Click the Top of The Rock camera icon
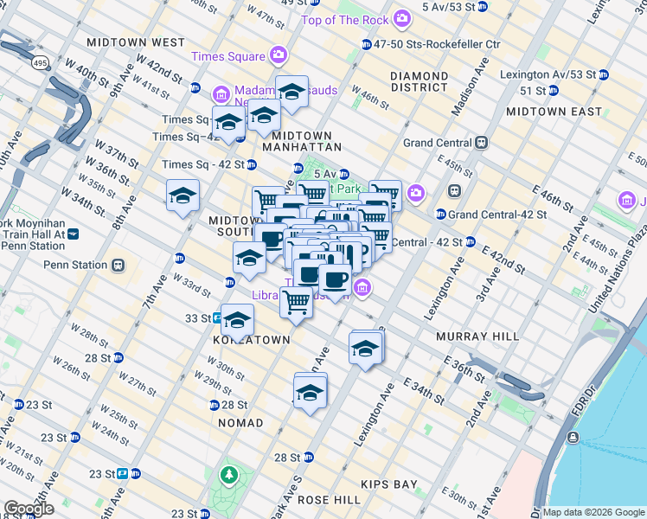[401, 18]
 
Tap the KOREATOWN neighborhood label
[252, 340]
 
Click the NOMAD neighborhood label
[240, 423]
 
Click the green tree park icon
[228, 475]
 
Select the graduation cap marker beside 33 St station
[237, 320]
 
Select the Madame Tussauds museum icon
[221, 93]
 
